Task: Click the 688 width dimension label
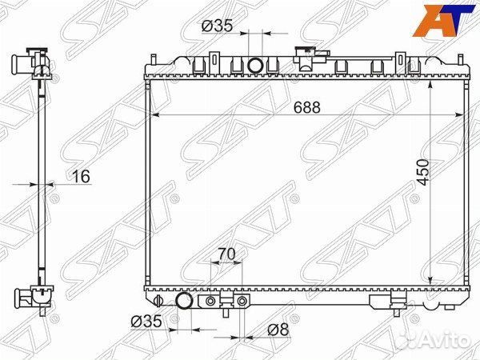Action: point(306,107)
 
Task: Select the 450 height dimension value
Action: point(423,172)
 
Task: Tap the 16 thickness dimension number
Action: point(81,177)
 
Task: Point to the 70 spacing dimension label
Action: point(226,254)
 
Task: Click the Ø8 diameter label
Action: point(278,330)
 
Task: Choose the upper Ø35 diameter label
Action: point(218,26)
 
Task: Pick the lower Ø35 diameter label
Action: point(146,322)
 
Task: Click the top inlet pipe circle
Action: point(255,66)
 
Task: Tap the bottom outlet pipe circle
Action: point(184,301)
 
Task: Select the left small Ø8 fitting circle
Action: point(210,302)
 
